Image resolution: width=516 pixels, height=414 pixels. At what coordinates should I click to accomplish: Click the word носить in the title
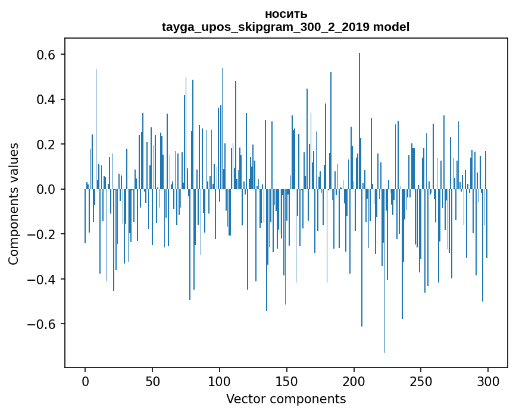(286, 14)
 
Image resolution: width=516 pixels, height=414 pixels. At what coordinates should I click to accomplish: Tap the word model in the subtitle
(391, 27)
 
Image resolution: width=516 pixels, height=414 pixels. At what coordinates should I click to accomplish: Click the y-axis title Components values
(14, 203)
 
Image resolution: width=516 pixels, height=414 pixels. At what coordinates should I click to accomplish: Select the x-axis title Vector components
(286, 399)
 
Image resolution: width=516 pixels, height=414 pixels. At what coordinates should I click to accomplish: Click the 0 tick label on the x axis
(85, 380)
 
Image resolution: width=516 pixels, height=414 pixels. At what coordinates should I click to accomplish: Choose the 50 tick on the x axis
(152, 380)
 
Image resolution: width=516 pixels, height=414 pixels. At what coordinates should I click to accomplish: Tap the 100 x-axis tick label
(220, 380)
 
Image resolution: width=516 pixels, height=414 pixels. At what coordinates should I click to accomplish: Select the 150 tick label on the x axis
(287, 380)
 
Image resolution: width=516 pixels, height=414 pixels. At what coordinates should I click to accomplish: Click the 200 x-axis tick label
(354, 380)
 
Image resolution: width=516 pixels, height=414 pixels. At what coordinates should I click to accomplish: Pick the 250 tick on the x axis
(421, 380)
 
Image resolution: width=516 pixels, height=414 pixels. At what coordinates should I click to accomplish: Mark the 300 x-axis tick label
(489, 380)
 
